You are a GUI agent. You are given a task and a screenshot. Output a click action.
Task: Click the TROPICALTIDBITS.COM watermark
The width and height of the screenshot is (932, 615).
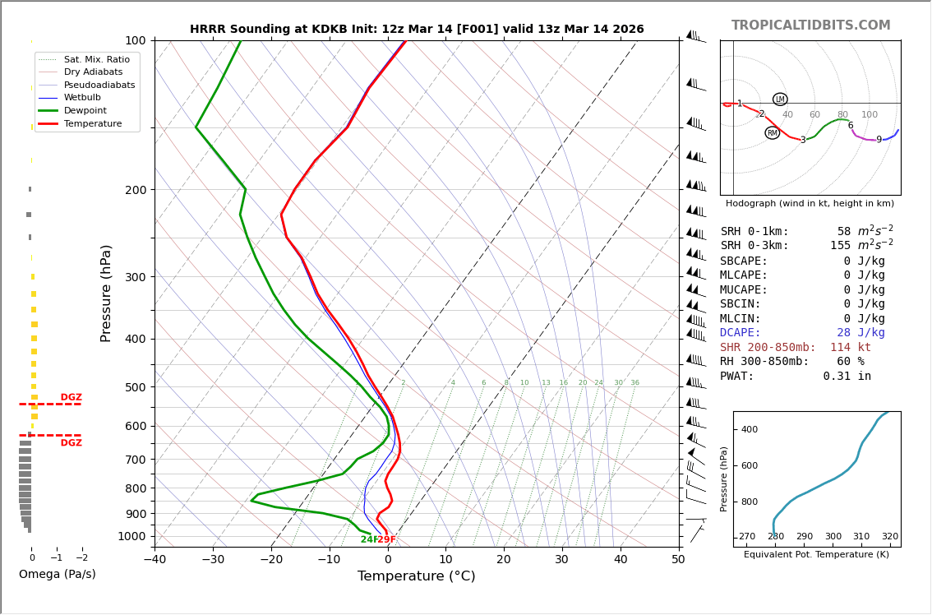tap(810, 25)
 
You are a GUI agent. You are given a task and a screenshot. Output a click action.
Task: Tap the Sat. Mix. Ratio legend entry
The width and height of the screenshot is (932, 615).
tap(96, 60)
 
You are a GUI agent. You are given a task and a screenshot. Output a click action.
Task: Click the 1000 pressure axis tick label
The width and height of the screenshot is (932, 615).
tap(131, 537)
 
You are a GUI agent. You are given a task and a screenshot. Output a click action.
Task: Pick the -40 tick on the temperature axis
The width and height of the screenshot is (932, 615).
tap(155, 560)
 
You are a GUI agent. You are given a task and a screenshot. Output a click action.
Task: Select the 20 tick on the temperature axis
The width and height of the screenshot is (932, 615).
tap(504, 560)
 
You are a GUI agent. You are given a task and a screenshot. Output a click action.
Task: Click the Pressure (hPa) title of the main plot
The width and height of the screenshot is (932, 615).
tap(106, 293)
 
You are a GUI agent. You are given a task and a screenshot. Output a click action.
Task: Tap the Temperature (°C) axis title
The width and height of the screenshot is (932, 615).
tap(416, 576)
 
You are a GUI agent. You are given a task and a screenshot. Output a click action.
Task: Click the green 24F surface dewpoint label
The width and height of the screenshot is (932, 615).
tap(368, 540)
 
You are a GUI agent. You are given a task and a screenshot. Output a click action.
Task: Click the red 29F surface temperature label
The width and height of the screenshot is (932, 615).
tap(387, 540)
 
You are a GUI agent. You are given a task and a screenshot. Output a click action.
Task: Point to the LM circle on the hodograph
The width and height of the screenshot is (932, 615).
tap(780, 99)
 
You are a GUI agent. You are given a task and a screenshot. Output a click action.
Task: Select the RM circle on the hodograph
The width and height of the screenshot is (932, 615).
tap(773, 133)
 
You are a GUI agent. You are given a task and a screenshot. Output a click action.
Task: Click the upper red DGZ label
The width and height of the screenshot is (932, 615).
tap(72, 398)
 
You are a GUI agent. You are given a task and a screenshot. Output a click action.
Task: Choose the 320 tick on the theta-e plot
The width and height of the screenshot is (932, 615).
tap(890, 537)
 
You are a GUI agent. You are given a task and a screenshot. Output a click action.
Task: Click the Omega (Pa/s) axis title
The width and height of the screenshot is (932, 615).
tap(58, 575)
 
